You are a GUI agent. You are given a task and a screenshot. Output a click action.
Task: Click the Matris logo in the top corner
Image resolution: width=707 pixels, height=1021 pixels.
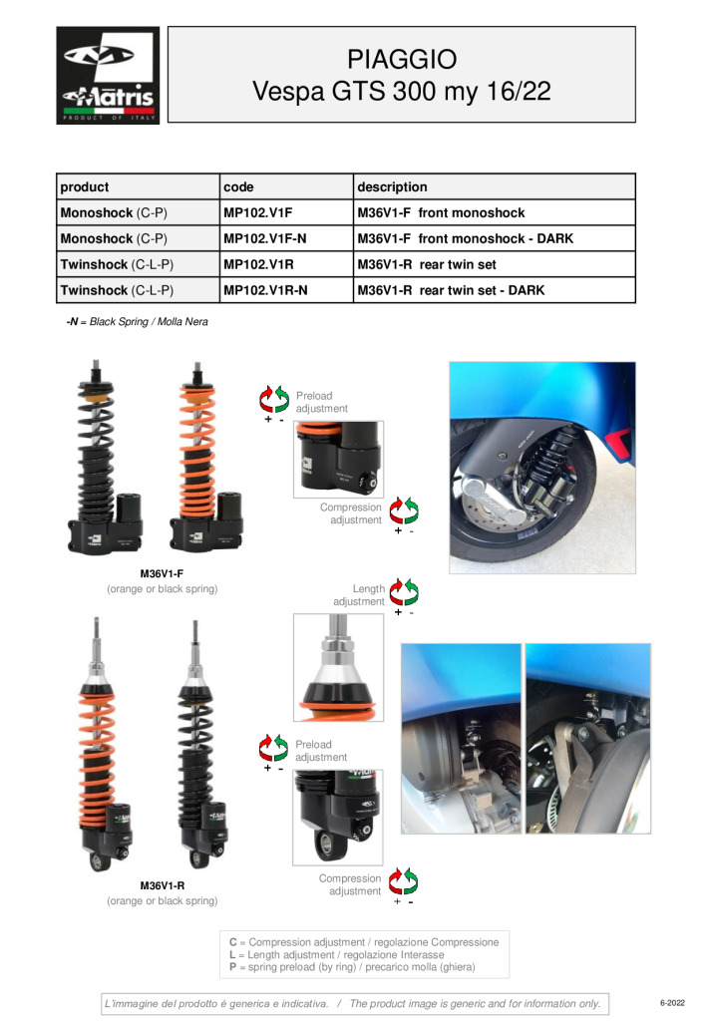pyautogui.click(x=108, y=76)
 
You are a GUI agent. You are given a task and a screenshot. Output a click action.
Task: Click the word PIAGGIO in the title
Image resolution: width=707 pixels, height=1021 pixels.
pyautogui.click(x=402, y=59)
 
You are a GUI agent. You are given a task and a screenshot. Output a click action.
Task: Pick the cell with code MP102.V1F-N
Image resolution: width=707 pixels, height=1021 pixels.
pyautogui.click(x=286, y=238)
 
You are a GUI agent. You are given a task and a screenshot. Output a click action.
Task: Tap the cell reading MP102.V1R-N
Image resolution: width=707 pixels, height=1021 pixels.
pyautogui.click(x=286, y=290)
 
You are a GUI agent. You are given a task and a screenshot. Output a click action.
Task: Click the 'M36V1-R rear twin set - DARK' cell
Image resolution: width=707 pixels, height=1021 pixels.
pyautogui.click(x=495, y=290)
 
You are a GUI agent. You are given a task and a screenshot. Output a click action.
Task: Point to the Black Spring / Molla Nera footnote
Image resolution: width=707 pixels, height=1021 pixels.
pyautogui.click(x=138, y=322)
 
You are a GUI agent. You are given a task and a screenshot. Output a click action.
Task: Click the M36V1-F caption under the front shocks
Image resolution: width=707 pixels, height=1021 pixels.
pyautogui.click(x=163, y=573)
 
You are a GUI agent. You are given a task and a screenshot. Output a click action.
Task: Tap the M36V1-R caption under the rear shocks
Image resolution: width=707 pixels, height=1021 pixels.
pyautogui.click(x=163, y=885)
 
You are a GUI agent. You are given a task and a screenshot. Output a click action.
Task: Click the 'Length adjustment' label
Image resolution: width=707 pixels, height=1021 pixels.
pyautogui.click(x=359, y=595)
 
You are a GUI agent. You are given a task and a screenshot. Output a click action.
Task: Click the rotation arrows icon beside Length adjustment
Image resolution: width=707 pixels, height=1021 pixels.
pyautogui.click(x=404, y=592)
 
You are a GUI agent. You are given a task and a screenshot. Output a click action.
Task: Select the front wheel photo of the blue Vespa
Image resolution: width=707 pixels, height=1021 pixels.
pyautogui.click(x=542, y=468)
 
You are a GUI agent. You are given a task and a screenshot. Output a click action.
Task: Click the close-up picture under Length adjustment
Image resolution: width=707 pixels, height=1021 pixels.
pyautogui.click(x=338, y=667)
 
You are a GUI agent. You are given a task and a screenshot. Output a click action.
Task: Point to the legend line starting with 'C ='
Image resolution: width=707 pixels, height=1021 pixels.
pyautogui.click(x=364, y=942)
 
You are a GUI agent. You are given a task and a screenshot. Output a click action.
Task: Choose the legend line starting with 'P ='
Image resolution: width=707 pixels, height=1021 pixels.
pyautogui.click(x=352, y=967)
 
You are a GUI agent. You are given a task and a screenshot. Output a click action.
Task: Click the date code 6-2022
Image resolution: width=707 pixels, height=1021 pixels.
pyautogui.click(x=672, y=1003)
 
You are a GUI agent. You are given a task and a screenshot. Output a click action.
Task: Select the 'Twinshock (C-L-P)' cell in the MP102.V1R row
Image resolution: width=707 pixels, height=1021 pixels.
pyautogui.click(x=138, y=264)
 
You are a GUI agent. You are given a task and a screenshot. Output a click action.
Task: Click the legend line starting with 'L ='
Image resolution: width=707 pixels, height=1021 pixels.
pyautogui.click(x=337, y=954)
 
